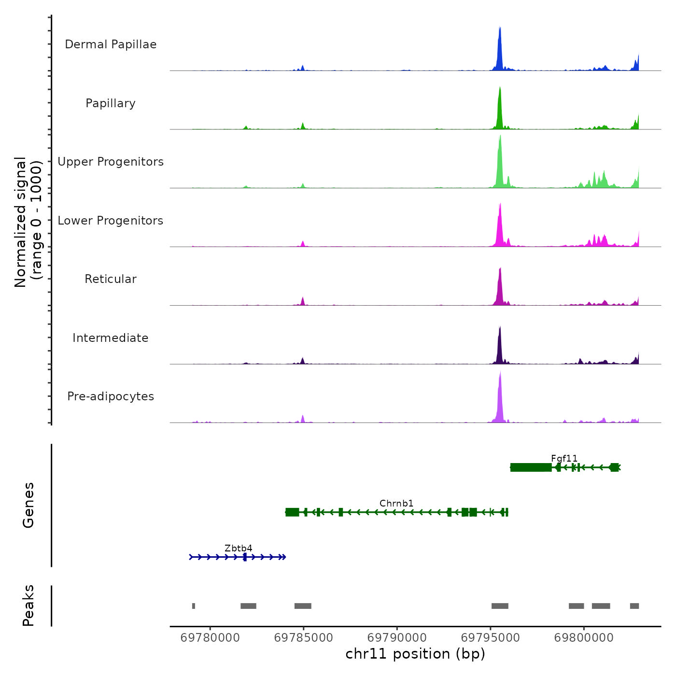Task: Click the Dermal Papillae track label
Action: point(111,44)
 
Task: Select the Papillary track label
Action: point(111,103)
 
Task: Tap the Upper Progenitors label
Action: point(111,162)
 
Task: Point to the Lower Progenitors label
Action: point(111,221)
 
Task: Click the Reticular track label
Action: point(111,279)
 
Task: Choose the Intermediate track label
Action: point(111,338)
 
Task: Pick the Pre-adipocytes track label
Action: point(111,396)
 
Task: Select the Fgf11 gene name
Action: point(564,458)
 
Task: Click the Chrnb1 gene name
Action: point(396,503)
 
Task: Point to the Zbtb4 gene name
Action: point(239,548)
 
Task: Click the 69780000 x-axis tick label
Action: point(210,637)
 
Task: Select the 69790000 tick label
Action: point(397,637)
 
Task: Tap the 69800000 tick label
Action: point(584,637)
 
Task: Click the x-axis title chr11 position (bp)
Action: point(415,654)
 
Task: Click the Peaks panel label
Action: point(28,606)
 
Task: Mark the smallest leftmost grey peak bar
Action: point(194,606)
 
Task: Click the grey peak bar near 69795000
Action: point(500,606)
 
